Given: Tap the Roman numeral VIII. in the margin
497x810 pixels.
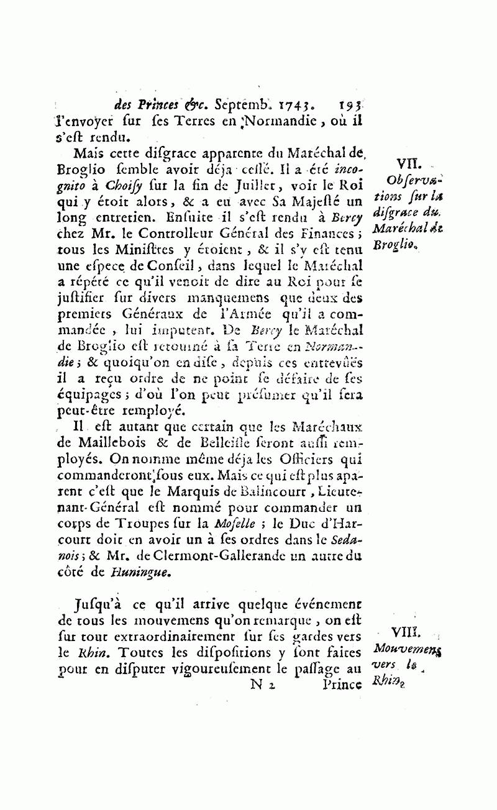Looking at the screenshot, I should point(406,632).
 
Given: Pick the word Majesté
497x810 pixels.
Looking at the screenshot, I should point(304,201).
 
